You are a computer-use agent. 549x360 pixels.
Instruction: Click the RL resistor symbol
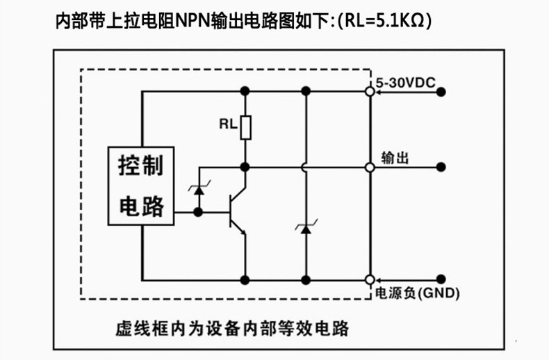(245, 127)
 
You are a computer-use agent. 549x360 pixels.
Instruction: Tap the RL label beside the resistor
(228, 124)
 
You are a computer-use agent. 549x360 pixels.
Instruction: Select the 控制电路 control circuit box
(141, 186)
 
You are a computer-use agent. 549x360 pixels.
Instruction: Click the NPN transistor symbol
(238, 211)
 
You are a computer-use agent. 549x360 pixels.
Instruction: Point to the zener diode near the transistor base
(199, 190)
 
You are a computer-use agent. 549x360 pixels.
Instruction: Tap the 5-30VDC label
(405, 83)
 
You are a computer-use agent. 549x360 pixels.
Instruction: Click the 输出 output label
(395, 158)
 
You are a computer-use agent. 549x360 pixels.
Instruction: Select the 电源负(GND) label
(418, 293)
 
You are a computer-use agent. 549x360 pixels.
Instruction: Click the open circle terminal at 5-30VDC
(370, 92)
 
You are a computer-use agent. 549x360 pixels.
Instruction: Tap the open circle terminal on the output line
(370, 167)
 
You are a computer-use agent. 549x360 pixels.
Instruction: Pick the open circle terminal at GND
(370, 280)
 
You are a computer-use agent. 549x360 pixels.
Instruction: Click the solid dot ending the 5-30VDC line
(441, 92)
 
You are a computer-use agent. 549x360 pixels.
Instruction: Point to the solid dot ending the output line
(441, 167)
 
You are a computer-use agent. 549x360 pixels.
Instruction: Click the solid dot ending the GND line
(441, 279)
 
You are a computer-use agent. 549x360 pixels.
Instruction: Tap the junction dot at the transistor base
(198, 212)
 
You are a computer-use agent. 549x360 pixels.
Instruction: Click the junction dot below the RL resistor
(245, 167)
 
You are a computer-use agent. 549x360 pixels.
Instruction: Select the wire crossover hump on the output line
(303, 167)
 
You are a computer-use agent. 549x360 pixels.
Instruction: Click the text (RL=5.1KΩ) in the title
(385, 21)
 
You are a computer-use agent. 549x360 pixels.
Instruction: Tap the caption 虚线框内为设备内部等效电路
(232, 329)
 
